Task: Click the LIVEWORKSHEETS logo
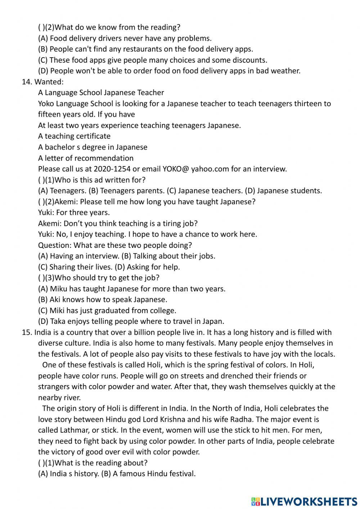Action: tap(304, 501)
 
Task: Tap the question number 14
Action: tap(27, 81)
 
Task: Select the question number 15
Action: tap(27, 332)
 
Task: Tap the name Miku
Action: tap(58, 289)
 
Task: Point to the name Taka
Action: tap(58, 321)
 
